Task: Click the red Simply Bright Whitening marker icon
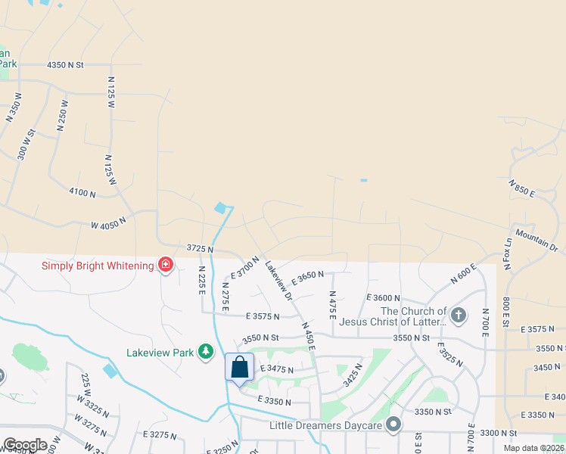tap(165, 265)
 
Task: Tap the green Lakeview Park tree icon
tap(205, 352)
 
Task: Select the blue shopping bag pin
tap(239, 368)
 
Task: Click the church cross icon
tap(458, 315)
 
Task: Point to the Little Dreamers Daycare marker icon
tap(393, 425)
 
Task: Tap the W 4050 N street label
tap(107, 222)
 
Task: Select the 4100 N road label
tap(82, 194)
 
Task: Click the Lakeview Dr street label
tap(278, 281)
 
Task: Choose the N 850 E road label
tap(522, 188)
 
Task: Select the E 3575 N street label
tap(263, 316)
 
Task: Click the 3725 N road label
tap(200, 249)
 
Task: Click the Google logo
tap(25, 445)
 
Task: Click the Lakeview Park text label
tap(160, 352)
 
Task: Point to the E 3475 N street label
tap(276, 368)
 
